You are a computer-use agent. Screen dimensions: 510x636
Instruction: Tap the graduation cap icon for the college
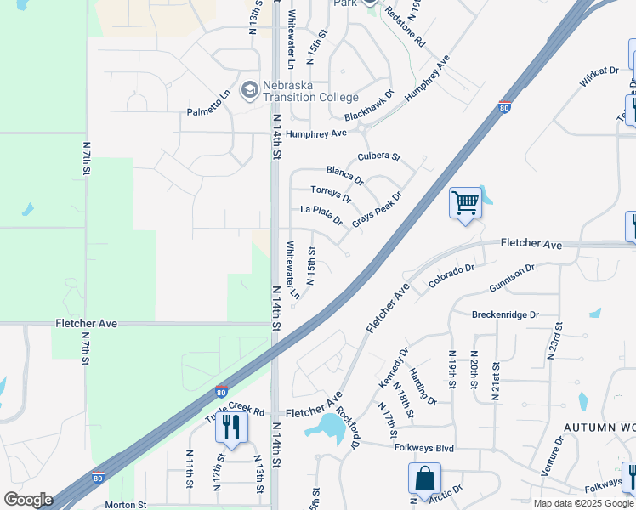click(x=249, y=88)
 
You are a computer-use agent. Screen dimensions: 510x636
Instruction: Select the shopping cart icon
click(x=465, y=203)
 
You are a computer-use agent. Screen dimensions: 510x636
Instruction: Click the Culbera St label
click(x=378, y=156)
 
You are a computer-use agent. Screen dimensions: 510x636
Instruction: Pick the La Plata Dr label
click(x=321, y=214)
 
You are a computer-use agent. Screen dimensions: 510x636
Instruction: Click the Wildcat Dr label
click(x=599, y=76)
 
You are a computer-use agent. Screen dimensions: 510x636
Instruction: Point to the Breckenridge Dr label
click(x=505, y=314)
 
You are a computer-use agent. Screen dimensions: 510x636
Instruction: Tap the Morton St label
click(x=126, y=505)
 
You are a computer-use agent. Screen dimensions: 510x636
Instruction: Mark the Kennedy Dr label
click(x=394, y=366)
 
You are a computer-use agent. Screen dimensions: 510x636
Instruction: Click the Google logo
click(x=27, y=500)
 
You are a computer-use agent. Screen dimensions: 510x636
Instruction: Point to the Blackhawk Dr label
click(x=370, y=107)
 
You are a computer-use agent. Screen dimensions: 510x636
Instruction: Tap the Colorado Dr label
click(x=451, y=275)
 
